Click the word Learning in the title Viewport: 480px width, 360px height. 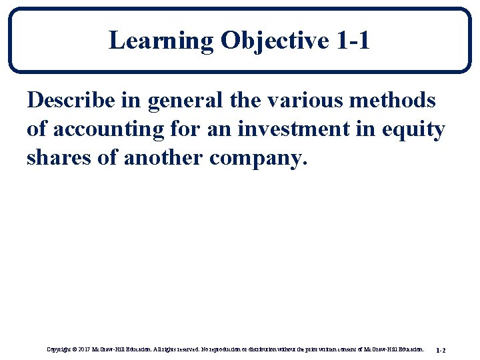[x=161, y=41]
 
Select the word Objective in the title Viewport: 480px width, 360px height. [x=274, y=41]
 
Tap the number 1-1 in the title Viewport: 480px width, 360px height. [x=353, y=41]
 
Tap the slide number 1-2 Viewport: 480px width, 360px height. [x=441, y=349]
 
